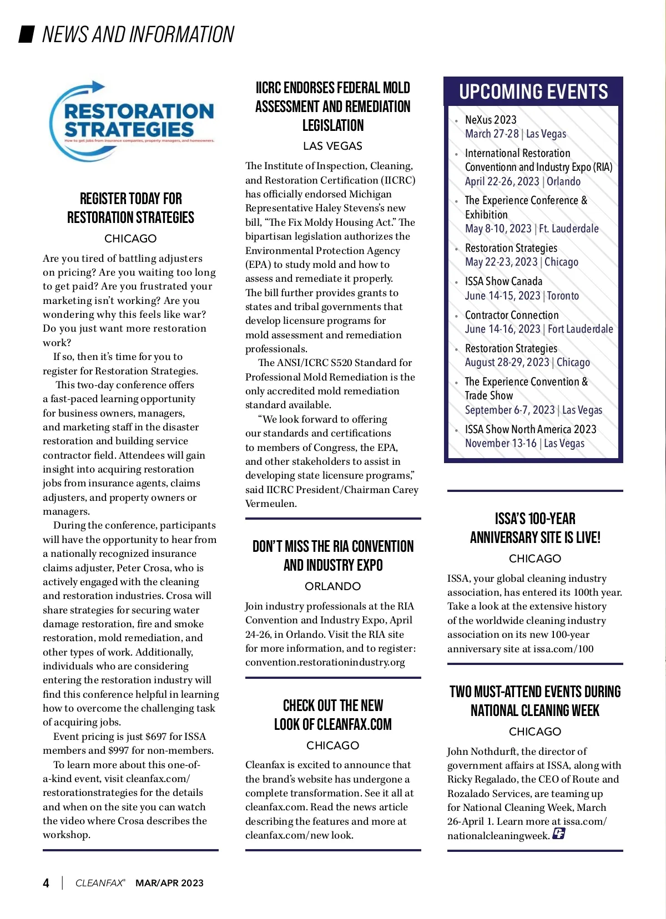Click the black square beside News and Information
click(27, 34)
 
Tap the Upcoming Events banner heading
click(533, 92)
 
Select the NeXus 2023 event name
click(491, 120)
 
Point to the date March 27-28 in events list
click(492, 134)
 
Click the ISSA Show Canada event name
click(503, 281)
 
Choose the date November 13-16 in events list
click(501, 443)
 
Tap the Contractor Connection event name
click(512, 315)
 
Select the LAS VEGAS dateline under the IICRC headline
click(333, 146)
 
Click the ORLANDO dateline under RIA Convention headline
click(333, 586)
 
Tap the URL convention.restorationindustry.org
click(325, 662)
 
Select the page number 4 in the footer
click(46, 883)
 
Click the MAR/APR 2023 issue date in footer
click(169, 883)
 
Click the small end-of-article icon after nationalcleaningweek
click(558, 834)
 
